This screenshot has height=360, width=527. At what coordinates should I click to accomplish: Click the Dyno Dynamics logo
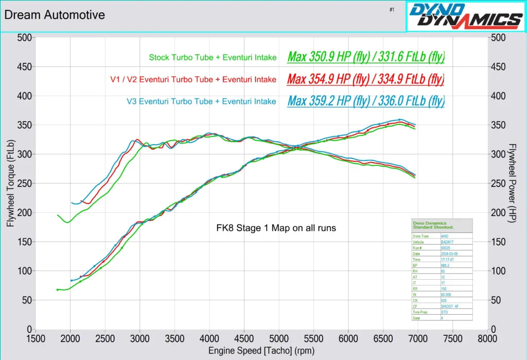(465, 16)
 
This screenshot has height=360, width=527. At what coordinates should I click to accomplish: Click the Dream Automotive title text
(54, 15)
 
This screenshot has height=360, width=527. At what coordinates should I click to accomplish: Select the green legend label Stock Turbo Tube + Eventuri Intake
(213, 57)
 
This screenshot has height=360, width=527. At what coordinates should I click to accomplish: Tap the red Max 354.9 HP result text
(365, 79)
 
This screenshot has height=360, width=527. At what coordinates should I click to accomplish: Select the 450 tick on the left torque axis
(24, 66)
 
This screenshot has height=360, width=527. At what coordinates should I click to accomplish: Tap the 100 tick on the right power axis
(498, 271)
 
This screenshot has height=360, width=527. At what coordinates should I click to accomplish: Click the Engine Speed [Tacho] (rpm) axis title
(261, 351)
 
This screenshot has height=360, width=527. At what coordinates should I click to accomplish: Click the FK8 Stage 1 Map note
(275, 228)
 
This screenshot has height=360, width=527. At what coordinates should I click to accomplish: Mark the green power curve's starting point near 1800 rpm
(58, 290)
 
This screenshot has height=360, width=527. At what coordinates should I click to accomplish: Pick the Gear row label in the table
(417, 318)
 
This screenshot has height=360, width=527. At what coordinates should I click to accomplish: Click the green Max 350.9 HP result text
(365, 57)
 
